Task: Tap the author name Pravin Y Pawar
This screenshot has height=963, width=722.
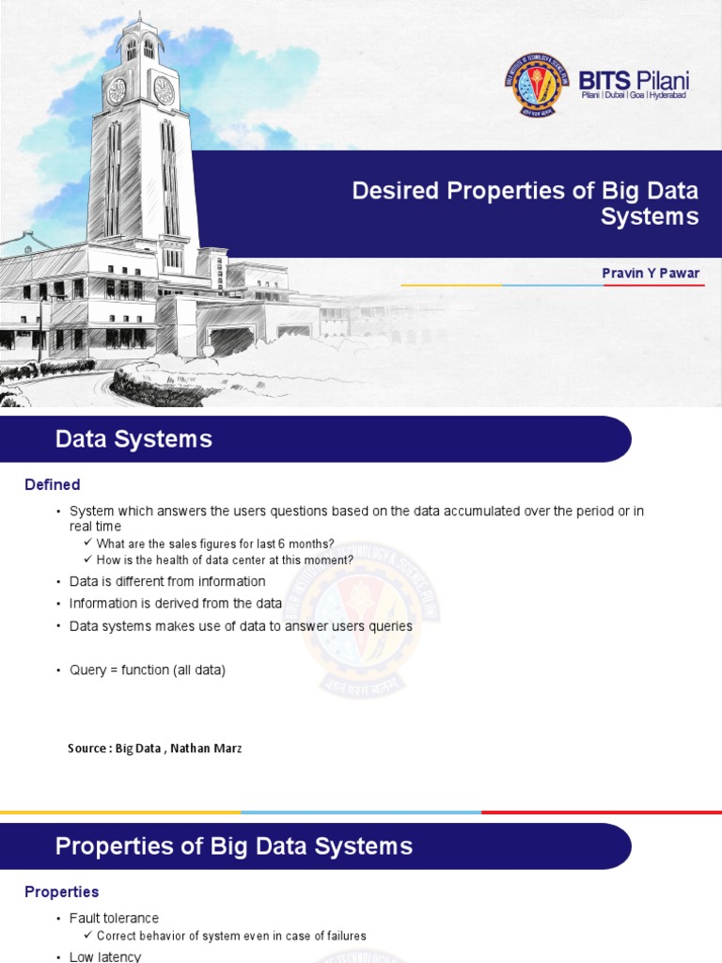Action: (651, 273)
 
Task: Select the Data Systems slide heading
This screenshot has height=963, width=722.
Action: (133, 439)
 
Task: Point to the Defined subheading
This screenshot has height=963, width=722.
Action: (53, 485)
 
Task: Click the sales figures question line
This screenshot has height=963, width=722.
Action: (215, 544)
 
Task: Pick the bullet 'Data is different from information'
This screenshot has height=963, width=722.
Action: (167, 581)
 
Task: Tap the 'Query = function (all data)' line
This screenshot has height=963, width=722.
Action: (148, 671)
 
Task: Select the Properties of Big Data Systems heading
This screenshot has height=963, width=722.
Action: (234, 846)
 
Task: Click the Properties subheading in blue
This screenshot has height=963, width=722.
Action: (61, 892)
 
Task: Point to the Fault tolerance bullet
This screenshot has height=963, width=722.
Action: (114, 918)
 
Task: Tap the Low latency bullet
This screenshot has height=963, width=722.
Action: (105, 956)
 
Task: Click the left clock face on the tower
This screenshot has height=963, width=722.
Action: (117, 90)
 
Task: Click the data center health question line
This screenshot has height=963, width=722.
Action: (225, 560)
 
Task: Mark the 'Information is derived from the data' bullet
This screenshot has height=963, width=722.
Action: (176, 604)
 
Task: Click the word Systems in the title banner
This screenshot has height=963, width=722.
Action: (651, 217)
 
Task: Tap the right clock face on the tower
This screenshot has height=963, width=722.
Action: (164, 90)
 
